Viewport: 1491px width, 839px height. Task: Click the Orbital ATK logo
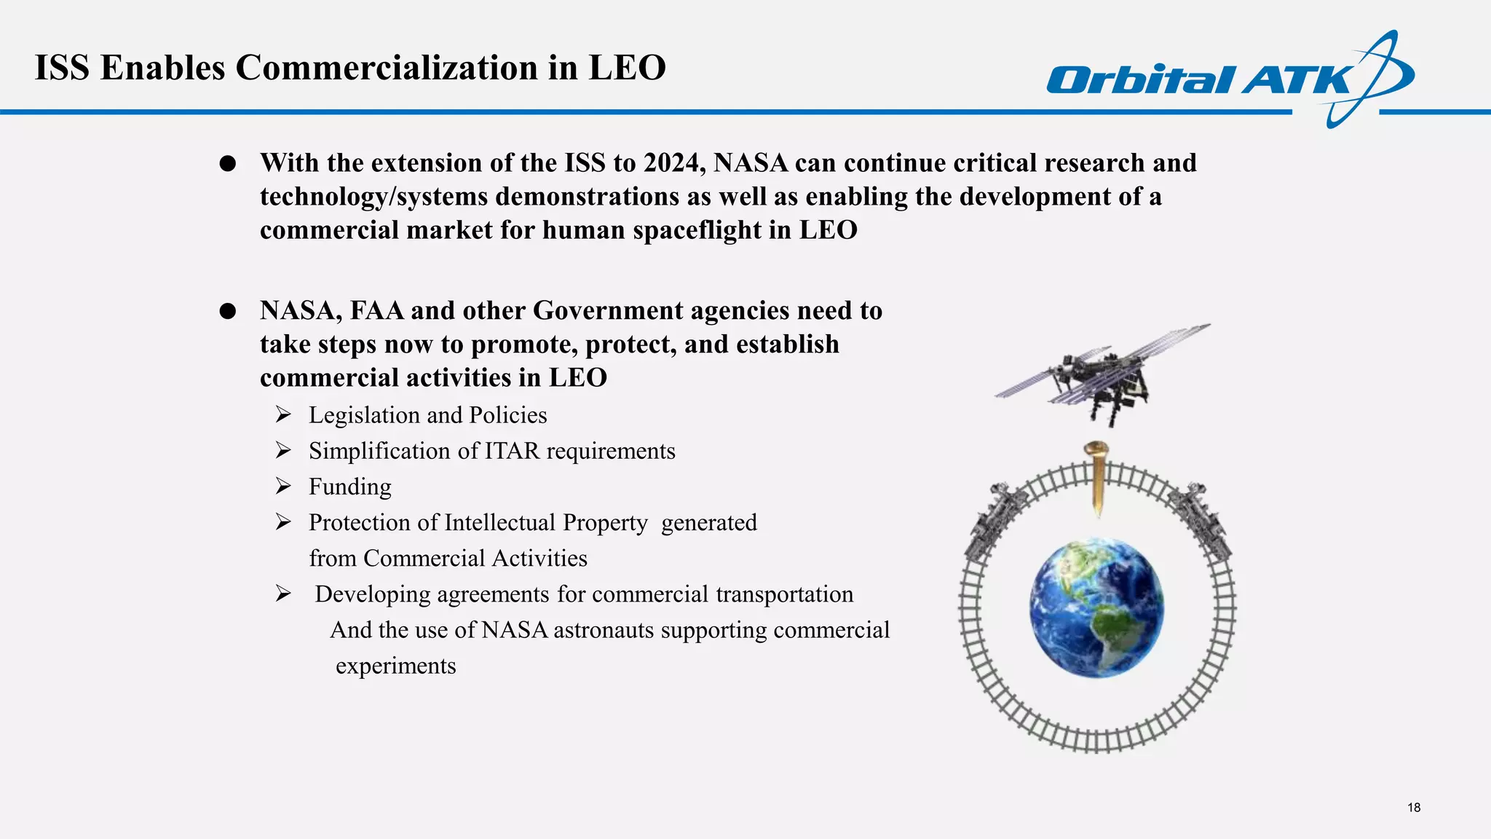click(1230, 79)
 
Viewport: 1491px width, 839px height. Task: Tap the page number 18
click(1413, 807)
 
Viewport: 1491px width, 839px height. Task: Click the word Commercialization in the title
click(387, 67)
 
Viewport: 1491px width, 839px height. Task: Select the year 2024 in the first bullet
click(671, 162)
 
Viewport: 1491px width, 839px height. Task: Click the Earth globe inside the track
click(1096, 608)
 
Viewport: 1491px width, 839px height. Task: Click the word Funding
click(349, 487)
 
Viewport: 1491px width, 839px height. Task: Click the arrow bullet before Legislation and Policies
click(283, 415)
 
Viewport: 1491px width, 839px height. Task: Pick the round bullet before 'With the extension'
click(228, 164)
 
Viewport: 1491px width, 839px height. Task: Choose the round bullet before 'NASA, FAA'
click(228, 312)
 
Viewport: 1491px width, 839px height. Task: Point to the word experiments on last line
click(395, 666)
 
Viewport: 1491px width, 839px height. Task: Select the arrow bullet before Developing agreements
click(283, 594)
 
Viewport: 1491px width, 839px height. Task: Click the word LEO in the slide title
click(627, 67)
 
